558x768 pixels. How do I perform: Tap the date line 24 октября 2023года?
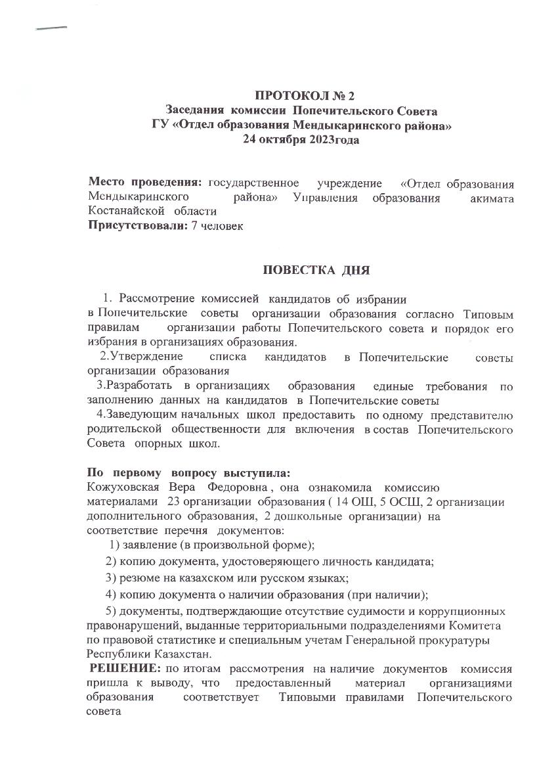301,139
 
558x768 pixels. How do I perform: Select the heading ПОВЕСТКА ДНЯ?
316,269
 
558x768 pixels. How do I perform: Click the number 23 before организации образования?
173,502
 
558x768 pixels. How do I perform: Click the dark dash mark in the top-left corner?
52,28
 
